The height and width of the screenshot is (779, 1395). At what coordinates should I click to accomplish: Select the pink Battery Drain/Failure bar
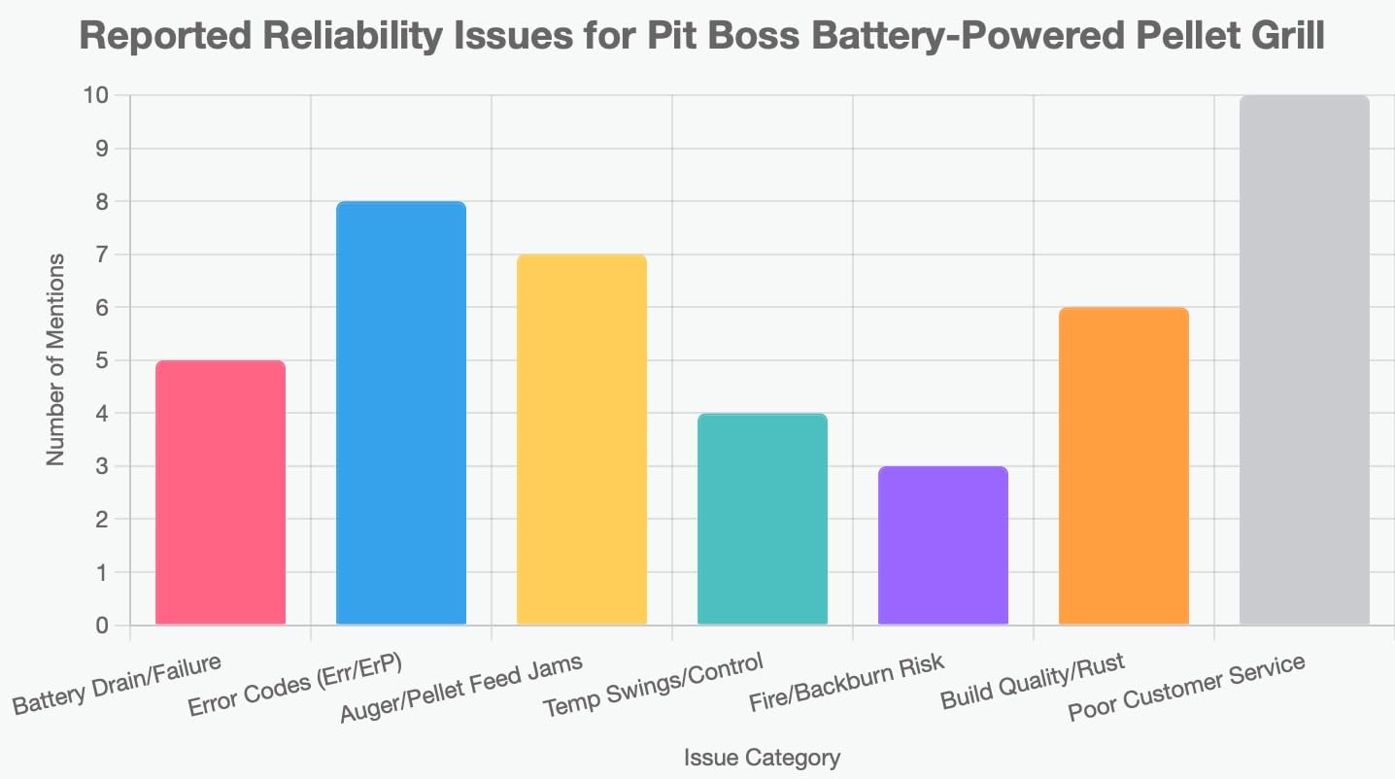(x=221, y=492)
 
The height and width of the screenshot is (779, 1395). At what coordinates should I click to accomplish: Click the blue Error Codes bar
(x=401, y=413)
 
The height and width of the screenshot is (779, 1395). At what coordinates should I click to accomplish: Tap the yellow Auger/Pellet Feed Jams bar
(x=582, y=439)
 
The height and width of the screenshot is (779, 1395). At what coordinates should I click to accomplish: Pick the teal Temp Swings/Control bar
(x=763, y=519)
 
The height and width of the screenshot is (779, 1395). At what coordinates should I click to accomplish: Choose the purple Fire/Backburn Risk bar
(x=943, y=545)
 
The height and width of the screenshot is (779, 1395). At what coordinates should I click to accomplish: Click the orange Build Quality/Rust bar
(x=1124, y=466)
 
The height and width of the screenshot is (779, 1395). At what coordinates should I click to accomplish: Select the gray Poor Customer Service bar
(x=1305, y=360)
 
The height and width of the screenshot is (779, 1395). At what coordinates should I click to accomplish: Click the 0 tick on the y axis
(x=100, y=626)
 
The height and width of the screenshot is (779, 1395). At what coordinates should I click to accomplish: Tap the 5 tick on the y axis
(x=100, y=361)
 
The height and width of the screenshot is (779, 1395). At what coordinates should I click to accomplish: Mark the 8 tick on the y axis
(x=100, y=202)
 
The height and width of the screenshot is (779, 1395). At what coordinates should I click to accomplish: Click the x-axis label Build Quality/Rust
(x=1032, y=682)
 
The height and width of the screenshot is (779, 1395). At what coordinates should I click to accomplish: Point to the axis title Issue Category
(x=762, y=758)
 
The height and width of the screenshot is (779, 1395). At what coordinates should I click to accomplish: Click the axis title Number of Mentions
(x=56, y=360)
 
